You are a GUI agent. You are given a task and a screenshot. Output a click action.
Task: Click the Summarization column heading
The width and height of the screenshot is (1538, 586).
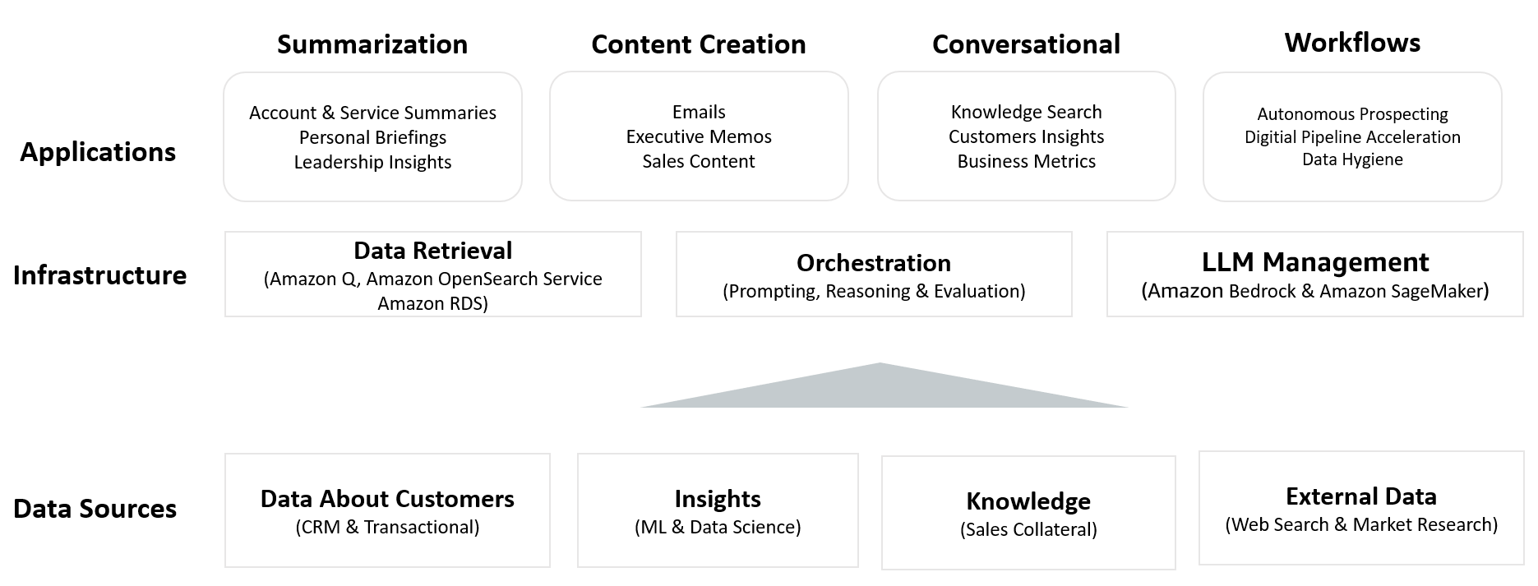point(372,44)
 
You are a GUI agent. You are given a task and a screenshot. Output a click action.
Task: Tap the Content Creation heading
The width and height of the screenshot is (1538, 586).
point(699,44)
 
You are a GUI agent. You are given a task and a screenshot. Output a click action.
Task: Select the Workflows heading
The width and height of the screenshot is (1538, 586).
point(1352,43)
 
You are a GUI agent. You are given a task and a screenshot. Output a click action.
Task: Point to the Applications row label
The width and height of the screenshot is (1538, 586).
point(98,152)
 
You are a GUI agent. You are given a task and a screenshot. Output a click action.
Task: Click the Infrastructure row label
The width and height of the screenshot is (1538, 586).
point(99,275)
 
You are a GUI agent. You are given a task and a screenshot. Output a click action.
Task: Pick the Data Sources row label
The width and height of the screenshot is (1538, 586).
point(95,509)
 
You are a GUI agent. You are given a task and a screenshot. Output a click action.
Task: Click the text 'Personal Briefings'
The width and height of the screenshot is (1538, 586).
point(372,137)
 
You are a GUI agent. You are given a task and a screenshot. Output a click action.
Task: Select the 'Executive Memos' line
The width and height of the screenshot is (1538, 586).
point(699,136)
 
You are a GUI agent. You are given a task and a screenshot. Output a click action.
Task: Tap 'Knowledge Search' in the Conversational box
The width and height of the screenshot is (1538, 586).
point(1026,112)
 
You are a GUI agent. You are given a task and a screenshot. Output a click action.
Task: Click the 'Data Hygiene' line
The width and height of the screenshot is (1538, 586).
point(1352,159)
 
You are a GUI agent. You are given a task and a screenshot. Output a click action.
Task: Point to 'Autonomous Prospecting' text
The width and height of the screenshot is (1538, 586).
point(1352,114)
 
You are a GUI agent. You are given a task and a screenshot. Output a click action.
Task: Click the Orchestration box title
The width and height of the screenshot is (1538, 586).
point(874,263)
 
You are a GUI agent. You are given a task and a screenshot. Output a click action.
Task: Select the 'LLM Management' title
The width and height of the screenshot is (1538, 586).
point(1315,262)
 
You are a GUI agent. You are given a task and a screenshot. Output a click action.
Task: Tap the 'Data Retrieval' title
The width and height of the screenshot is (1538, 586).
point(432,251)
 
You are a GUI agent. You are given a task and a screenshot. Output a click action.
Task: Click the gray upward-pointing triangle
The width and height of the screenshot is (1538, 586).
point(881,390)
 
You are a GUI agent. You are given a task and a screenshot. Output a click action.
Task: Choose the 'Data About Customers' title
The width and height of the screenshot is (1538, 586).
point(387,499)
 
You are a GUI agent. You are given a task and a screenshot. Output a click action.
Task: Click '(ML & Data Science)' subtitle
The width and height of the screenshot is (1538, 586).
point(718,527)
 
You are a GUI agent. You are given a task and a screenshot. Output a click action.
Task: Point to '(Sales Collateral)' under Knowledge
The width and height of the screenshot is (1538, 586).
point(1028,529)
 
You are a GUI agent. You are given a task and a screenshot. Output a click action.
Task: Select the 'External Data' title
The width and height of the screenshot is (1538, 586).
point(1361,496)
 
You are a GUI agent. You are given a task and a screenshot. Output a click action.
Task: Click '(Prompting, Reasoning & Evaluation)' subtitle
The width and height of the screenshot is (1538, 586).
point(874,291)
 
